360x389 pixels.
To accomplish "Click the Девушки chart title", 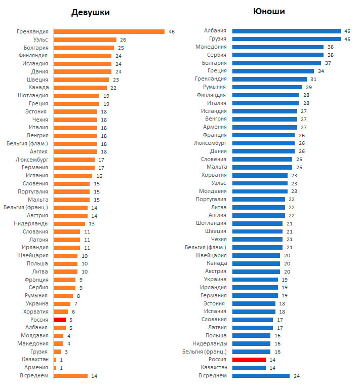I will point(90,12).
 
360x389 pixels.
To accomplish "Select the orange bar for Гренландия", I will point(109,31).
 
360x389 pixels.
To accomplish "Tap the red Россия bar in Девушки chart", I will point(60,320).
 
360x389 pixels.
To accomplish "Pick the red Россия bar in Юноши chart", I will point(249,360).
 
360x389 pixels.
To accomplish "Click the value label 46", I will point(172,31).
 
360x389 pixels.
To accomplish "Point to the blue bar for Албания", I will point(287,31).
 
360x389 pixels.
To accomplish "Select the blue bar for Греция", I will point(273,71).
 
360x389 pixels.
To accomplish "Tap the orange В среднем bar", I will point(70,375).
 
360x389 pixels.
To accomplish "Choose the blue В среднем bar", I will point(261,375).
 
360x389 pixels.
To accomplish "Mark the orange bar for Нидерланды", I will point(69,223).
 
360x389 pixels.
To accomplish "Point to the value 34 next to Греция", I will point(321,71).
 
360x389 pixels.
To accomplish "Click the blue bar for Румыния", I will point(267,87).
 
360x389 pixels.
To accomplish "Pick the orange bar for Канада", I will point(80,88).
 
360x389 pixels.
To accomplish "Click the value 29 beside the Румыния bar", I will point(308,87).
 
